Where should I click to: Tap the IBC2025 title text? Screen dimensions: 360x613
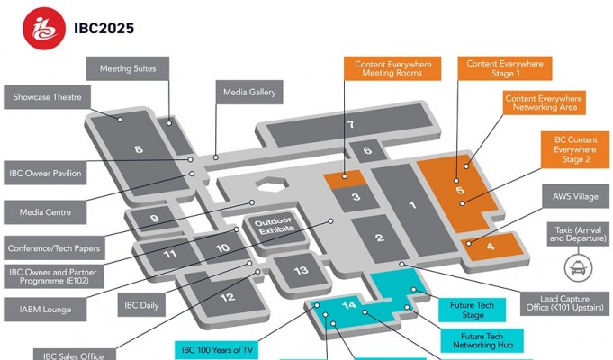point(104,28)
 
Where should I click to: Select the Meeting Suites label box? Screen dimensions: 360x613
point(128,68)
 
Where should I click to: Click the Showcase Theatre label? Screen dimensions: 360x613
point(48,97)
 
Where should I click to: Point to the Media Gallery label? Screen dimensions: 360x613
point(249,92)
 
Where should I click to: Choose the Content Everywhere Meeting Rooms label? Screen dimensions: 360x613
point(393,70)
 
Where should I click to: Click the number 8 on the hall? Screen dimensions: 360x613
point(139,149)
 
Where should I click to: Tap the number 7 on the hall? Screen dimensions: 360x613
point(350,125)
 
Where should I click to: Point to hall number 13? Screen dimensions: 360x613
point(302,270)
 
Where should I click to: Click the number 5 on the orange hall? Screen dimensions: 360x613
point(459,191)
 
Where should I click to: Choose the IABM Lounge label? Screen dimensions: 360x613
point(45,309)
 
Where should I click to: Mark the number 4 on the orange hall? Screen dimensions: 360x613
point(490,246)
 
